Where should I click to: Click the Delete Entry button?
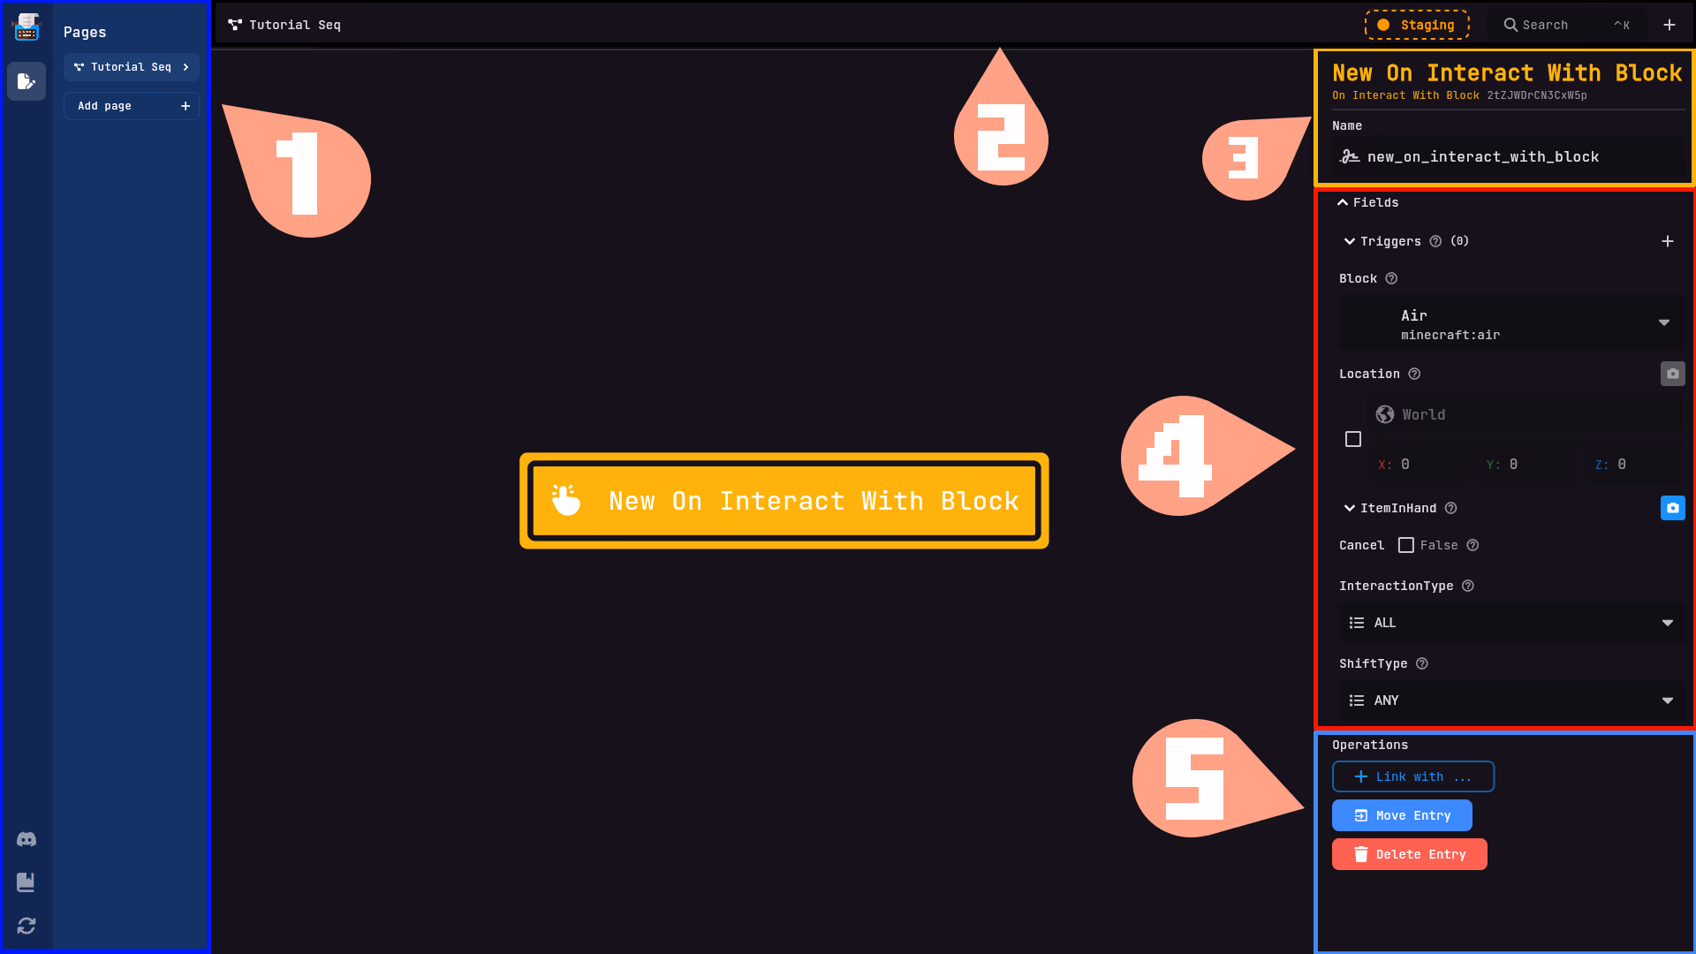(1409, 854)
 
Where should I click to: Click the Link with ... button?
(1412, 776)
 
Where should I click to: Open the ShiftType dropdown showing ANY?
(1510, 700)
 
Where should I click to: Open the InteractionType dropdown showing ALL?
(1510, 623)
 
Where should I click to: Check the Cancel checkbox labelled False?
(1406, 545)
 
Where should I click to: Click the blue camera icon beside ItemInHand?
(1672, 508)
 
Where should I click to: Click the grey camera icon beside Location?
(1672, 374)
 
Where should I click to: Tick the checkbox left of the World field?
(1353, 439)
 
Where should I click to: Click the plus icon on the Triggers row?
(1667, 241)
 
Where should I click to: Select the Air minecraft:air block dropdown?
(1510, 323)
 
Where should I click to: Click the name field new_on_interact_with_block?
(1510, 157)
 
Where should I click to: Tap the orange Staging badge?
(1417, 25)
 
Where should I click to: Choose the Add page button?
(132, 106)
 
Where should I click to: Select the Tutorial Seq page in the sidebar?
(132, 67)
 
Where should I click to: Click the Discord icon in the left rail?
(26, 839)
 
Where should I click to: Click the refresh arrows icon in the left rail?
(26, 926)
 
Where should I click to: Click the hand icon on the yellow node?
(566, 500)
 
